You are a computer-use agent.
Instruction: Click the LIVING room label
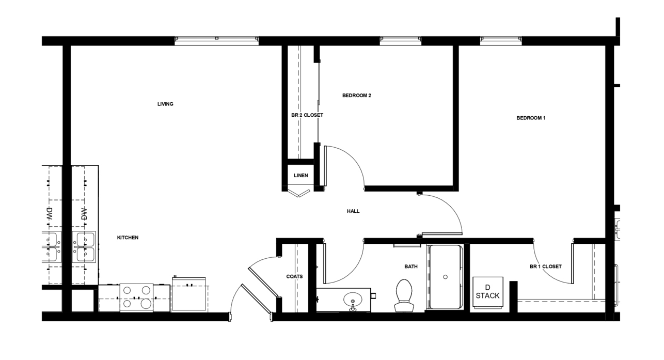(x=165, y=104)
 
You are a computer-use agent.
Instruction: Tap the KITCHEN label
(x=128, y=238)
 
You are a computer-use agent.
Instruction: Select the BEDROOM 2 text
(x=357, y=96)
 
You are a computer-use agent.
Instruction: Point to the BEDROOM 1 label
(x=531, y=118)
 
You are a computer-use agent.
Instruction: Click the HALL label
(x=353, y=211)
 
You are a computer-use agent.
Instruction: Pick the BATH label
(x=411, y=267)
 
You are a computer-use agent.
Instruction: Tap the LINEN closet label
(x=301, y=176)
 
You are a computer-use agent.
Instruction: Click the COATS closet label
(x=294, y=277)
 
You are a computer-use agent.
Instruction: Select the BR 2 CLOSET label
(x=307, y=115)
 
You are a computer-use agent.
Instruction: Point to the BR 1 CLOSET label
(x=545, y=267)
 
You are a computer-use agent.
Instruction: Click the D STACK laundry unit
(x=487, y=292)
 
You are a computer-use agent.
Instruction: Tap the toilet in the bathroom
(x=404, y=295)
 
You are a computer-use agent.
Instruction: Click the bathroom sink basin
(x=353, y=299)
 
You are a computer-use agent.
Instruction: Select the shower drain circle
(x=445, y=277)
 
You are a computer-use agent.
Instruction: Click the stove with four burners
(x=137, y=298)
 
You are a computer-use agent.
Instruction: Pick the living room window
(x=216, y=41)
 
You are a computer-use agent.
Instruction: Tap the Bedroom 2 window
(x=401, y=41)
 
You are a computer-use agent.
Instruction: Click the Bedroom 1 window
(x=501, y=41)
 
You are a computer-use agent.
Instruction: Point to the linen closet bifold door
(x=298, y=192)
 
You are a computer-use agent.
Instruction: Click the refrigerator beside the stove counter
(x=189, y=294)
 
